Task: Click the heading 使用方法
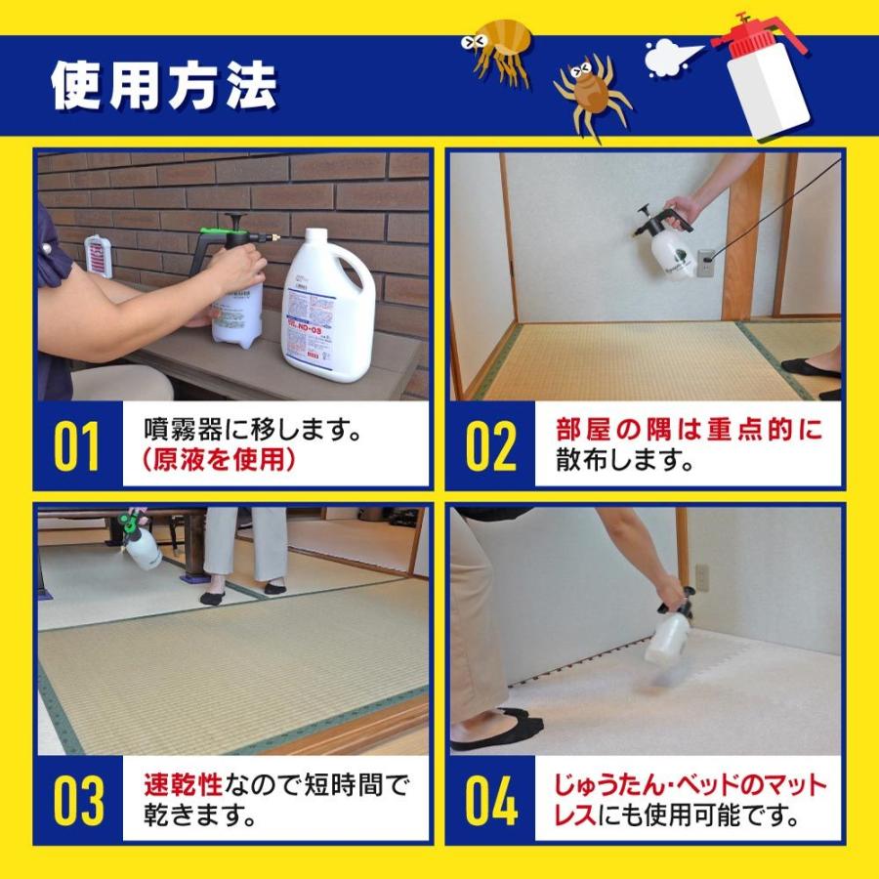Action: click(164, 88)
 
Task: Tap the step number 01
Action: click(77, 445)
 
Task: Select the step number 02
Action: click(490, 445)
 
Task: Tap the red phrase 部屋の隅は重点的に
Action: click(689, 430)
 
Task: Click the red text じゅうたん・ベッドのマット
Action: click(690, 783)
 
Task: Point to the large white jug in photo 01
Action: click(327, 308)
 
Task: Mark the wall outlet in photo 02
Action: click(705, 263)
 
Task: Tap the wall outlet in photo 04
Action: click(702, 576)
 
